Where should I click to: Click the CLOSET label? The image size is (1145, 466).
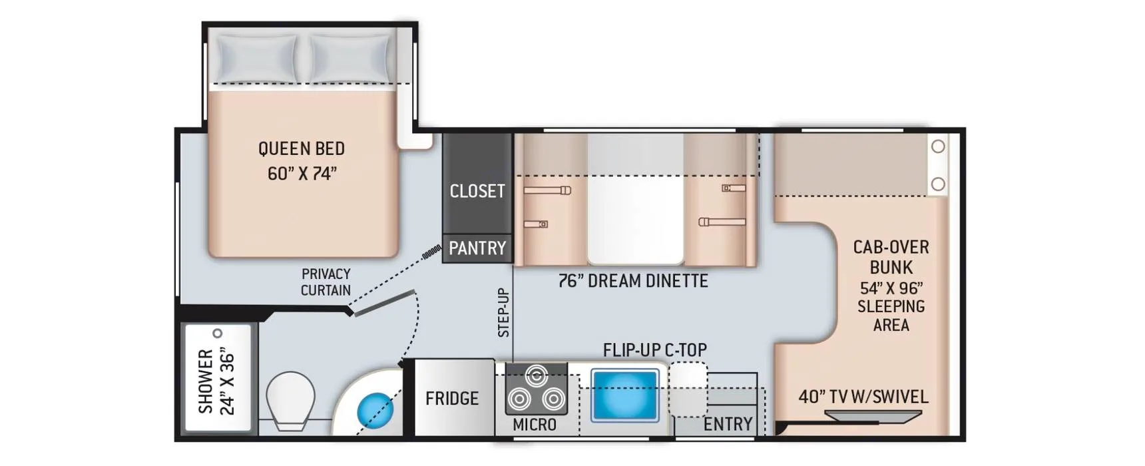477,191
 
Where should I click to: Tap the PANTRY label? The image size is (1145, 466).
477,248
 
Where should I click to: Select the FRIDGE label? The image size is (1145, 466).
452,398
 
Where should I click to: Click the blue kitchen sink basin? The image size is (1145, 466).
624,395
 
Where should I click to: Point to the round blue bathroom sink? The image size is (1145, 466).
375,410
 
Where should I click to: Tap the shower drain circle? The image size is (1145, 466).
217,334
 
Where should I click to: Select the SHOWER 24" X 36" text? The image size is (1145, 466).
216,380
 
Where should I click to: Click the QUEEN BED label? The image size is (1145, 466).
302,148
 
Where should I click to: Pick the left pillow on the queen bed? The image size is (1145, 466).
258,58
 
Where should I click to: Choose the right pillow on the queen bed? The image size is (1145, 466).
351,58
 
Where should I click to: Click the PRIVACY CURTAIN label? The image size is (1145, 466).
326,282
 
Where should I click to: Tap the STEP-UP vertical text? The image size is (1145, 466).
503,312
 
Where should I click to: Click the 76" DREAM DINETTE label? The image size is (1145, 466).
633,281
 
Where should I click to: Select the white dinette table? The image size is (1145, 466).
635,199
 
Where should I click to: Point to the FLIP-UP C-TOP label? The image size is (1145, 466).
655,349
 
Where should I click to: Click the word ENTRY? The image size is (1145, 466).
728,424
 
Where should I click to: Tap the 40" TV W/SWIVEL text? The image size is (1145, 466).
863,397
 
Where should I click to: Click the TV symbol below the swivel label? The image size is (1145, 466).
873,417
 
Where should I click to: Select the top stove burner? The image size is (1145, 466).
536,375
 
